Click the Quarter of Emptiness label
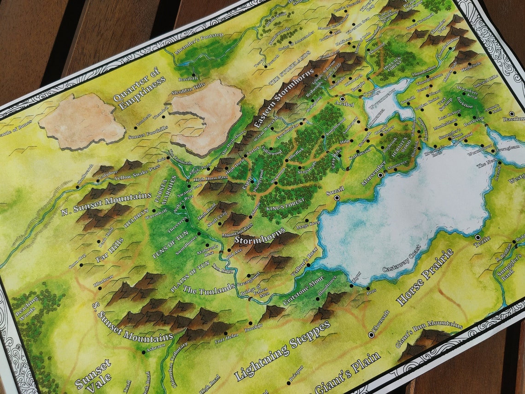coord(139,88)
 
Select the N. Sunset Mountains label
coord(106,204)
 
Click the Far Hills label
coord(109,250)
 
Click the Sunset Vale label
coord(93,375)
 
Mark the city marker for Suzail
coord(337,198)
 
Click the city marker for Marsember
coord(380,175)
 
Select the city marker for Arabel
coord(343,99)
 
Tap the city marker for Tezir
coord(478,237)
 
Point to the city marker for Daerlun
coord(511,113)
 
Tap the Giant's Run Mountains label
coord(429,333)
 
